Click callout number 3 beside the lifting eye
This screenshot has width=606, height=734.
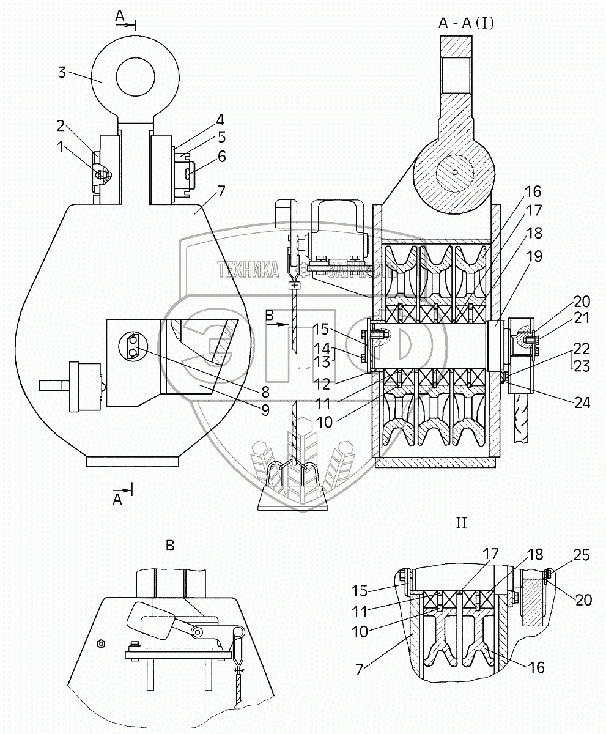click(x=61, y=72)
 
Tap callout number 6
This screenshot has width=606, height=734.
click(x=221, y=157)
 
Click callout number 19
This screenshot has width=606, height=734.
click(x=534, y=256)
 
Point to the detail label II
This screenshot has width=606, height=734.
click(x=461, y=523)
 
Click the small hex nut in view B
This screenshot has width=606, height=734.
click(x=102, y=643)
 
